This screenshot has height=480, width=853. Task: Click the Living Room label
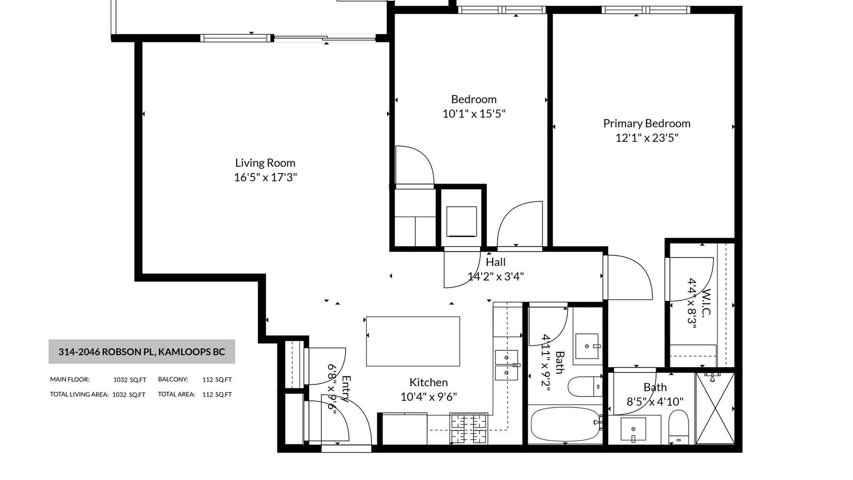tap(265, 163)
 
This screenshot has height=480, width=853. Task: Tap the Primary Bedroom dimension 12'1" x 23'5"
tap(646, 138)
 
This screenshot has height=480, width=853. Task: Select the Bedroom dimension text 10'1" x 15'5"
tap(474, 114)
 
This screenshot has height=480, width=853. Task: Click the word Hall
tap(495, 262)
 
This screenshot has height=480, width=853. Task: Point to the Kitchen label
tap(428, 382)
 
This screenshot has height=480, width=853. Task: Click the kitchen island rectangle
tap(413, 341)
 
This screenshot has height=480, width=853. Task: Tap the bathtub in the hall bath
tap(565, 424)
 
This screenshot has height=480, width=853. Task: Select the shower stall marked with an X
tap(715, 408)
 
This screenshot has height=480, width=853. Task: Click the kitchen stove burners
tap(469, 428)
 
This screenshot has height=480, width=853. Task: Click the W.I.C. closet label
tap(706, 302)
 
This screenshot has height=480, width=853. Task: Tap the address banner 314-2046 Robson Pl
tap(142, 352)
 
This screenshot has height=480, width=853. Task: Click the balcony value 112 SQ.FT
tap(217, 380)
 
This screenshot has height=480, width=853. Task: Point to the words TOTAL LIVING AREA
tap(79, 394)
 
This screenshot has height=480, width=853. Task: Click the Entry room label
tap(346, 389)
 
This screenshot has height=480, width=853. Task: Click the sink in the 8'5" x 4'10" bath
tap(633, 429)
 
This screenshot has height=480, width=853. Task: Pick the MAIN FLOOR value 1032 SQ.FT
tap(130, 380)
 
